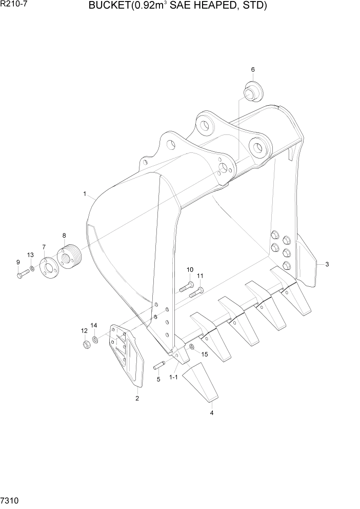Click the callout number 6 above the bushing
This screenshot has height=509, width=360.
click(x=252, y=69)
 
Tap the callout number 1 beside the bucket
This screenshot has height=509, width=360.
click(x=84, y=193)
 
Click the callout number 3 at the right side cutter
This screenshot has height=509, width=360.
click(x=327, y=264)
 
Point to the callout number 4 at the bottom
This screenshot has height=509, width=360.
click(x=211, y=412)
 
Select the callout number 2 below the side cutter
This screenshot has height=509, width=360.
click(x=137, y=398)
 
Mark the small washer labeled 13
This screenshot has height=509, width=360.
click(x=32, y=268)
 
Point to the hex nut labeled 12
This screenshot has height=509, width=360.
click(x=87, y=344)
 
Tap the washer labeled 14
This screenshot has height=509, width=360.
click(x=95, y=340)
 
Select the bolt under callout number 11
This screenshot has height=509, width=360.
click(x=196, y=292)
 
